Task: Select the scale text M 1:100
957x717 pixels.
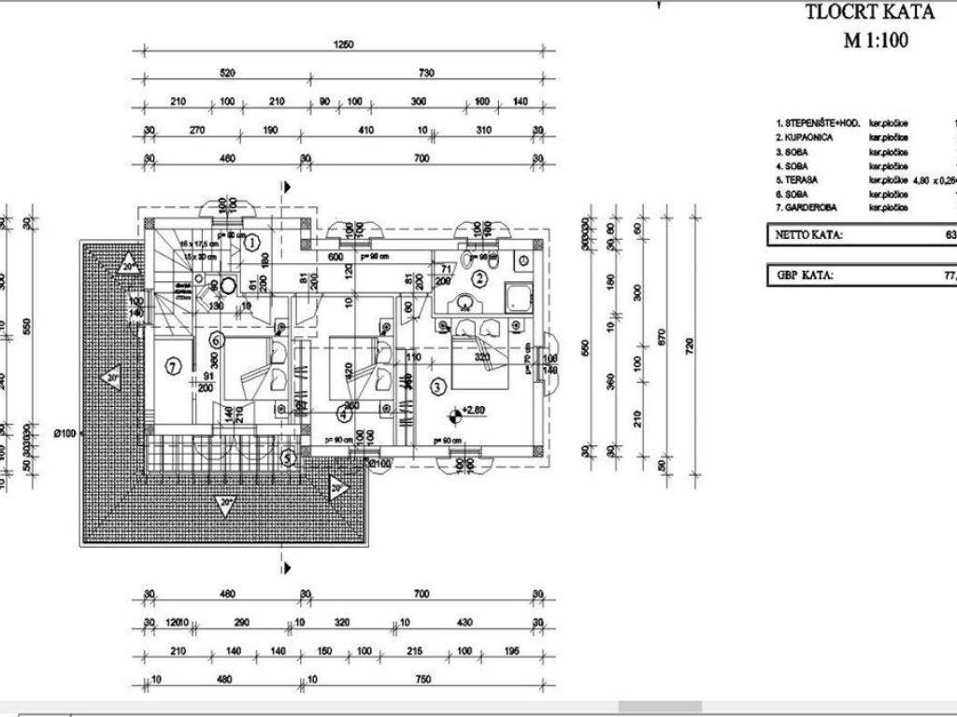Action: (x=876, y=40)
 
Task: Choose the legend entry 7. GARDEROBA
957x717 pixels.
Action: (x=807, y=207)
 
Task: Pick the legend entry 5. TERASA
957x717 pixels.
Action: (x=799, y=179)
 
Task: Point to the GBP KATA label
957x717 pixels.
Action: (x=804, y=276)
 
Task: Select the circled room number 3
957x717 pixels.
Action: (x=436, y=384)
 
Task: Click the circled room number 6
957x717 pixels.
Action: (x=215, y=340)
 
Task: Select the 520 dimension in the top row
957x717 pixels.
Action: (x=227, y=73)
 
